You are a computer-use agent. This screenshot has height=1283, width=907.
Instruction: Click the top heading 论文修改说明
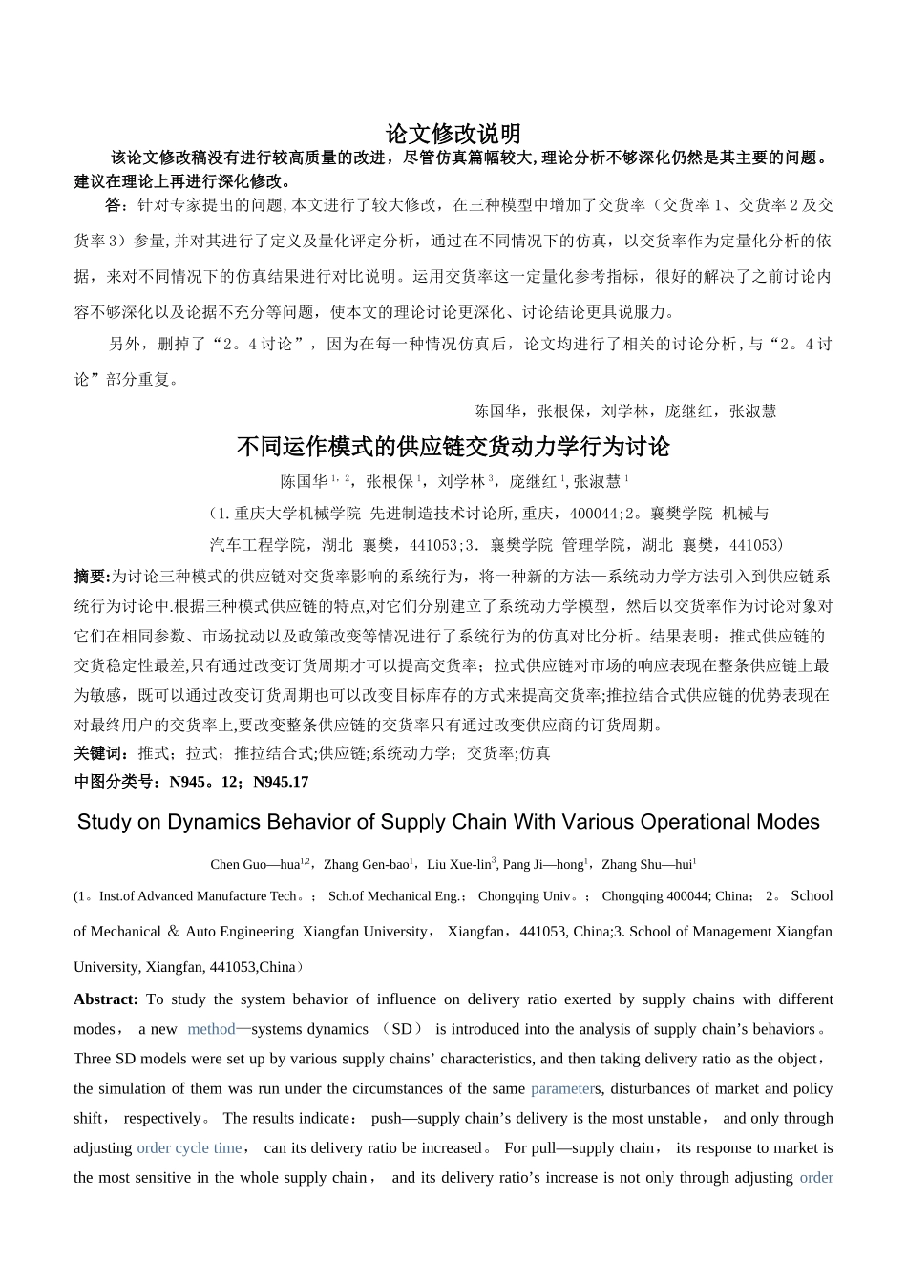453,133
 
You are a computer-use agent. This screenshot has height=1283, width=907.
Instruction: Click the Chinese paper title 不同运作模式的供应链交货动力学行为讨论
453,447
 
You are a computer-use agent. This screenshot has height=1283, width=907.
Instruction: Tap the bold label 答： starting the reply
116,204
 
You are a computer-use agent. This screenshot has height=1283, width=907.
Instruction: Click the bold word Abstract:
106,999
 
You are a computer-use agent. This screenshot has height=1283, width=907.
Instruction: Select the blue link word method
211,1029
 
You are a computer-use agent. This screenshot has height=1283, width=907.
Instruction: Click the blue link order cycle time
189,1147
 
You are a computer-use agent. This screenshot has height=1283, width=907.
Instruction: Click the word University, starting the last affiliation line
107,967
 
